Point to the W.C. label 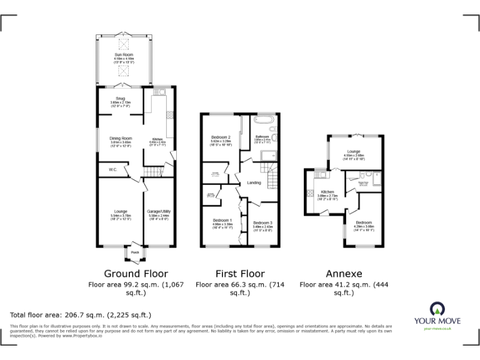113,169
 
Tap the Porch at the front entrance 134,253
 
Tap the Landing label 254,182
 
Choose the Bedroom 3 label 262,223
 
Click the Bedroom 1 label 222,220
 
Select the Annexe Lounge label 354,151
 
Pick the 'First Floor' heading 240,274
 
